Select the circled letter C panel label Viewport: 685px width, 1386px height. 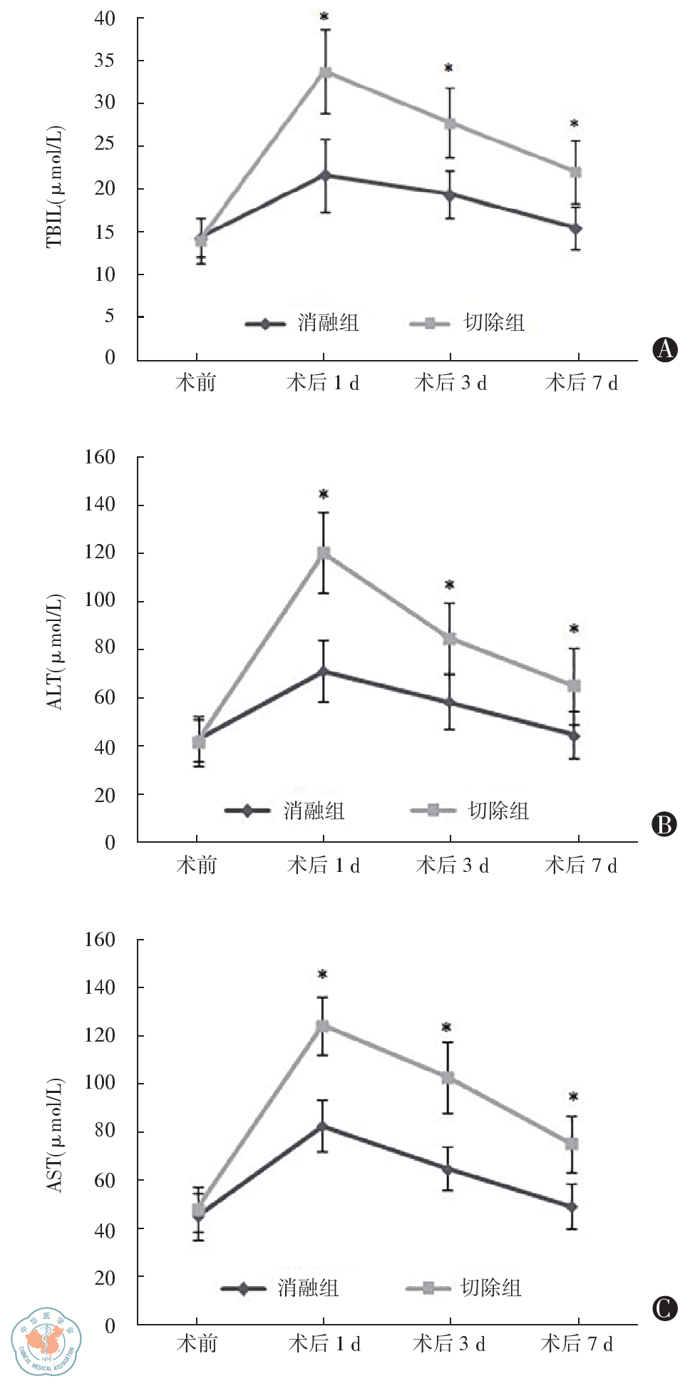click(x=664, y=1308)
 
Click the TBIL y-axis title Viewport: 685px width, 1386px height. click(x=54, y=187)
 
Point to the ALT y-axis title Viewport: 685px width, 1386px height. click(x=54, y=651)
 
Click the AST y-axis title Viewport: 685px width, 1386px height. click(x=54, y=1134)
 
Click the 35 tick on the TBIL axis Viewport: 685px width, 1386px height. click(x=105, y=61)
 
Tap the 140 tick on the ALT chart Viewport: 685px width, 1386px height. click(x=100, y=504)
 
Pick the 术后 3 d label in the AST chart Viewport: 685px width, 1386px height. click(x=449, y=1344)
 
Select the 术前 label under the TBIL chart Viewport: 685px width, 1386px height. click(x=196, y=383)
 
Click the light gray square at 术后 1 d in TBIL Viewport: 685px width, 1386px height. click(x=325, y=72)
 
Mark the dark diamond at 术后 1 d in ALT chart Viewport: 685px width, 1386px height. click(x=324, y=671)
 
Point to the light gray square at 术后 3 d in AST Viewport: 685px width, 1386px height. click(x=448, y=1077)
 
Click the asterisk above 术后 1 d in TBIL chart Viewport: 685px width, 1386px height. click(x=324, y=16)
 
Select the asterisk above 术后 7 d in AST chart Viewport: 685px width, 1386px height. click(x=573, y=1097)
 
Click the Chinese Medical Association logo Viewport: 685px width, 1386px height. click(x=46, y=1341)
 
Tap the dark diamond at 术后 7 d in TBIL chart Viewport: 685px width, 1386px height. click(x=576, y=228)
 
